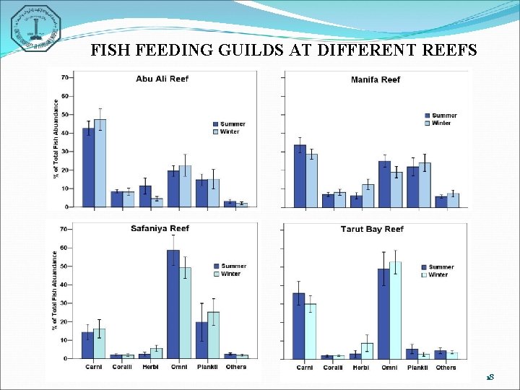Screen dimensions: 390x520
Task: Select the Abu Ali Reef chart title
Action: pyautogui.click(x=162, y=79)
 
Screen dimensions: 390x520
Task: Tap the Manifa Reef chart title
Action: pyautogui.click(x=375, y=79)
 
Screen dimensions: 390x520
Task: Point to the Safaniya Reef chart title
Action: pyautogui.click(x=160, y=229)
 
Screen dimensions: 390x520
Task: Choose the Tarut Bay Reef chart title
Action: pyautogui.click(x=372, y=230)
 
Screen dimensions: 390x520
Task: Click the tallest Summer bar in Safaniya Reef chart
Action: pyautogui.click(x=173, y=304)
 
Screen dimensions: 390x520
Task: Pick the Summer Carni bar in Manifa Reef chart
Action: pyautogui.click(x=300, y=176)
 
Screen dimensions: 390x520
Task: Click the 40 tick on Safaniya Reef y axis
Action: pyautogui.click(x=65, y=285)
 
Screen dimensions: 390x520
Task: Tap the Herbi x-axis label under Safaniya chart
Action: pyautogui.click(x=149, y=367)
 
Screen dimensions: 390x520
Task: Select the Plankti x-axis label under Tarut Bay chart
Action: pyautogui.click(x=417, y=368)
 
